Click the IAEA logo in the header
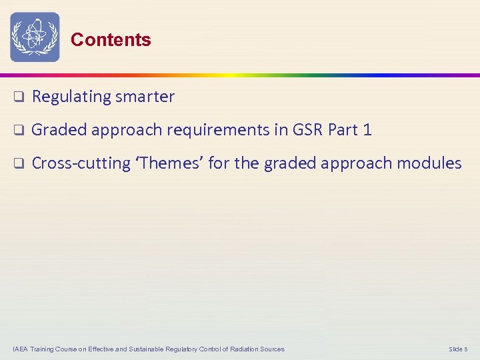tap(35, 37)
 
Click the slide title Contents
tap(111, 40)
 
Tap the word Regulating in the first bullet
tap(71, 97)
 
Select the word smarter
tap(145, 97)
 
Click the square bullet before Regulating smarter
tap(19, 97)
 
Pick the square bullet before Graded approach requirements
tap(19, 130)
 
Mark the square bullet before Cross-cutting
tap(19, 163)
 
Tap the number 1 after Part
tap(367, 130)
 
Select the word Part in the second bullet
tap(343, 130)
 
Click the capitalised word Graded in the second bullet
tap(59, 130)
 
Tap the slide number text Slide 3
tap(458, 349)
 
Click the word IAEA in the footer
tap(21, 349)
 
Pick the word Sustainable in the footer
tap(135, 349)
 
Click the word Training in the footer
tap(44, 349)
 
